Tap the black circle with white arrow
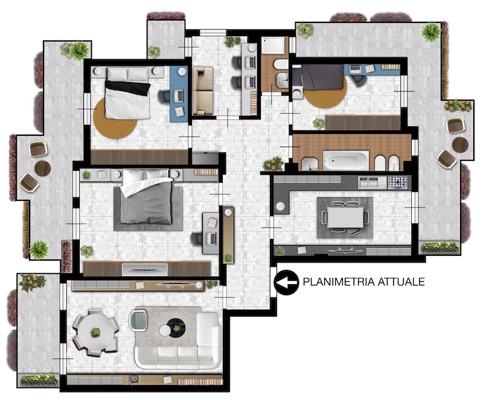(286, 282)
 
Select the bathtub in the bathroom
(345, 160)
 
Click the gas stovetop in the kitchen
(398, 182)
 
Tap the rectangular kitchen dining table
(345, 217)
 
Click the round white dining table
(95, 332)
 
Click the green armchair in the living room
(138, 320)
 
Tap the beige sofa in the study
(202, 91)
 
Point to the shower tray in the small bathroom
(273, 46)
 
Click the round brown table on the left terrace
(42, 168)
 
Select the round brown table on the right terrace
(460, 144)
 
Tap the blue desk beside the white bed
(179, 95)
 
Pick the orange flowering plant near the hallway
(273, 164)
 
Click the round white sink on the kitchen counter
(280, 206)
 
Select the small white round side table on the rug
(165, 331)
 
